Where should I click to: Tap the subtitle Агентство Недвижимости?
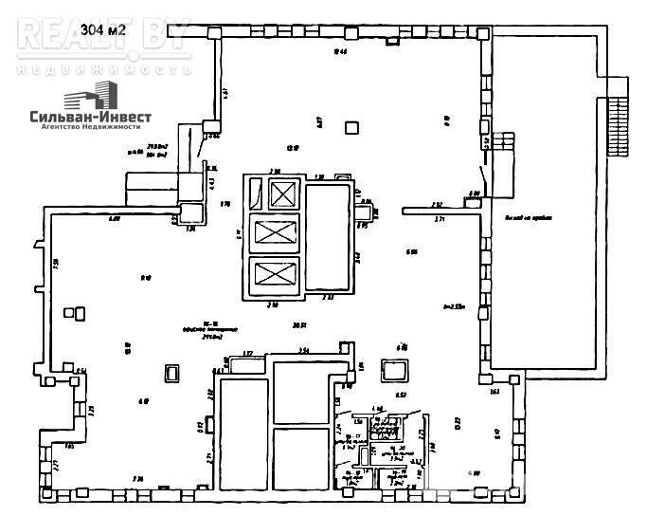[83, 126]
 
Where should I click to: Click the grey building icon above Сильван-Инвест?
[91, 95]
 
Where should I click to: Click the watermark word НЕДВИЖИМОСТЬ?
[104, 69]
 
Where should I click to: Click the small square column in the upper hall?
[352, 127]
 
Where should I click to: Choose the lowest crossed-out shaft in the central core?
[276, 275]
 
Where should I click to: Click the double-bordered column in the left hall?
[171, 374]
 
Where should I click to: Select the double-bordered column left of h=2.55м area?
[394, 368]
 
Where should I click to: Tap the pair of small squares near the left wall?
[73, 312]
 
